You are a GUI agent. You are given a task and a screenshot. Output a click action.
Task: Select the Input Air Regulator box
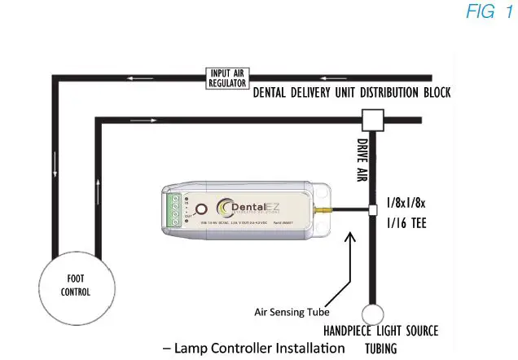[227, 79]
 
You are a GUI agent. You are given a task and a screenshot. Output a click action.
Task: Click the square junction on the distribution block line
[373, 121]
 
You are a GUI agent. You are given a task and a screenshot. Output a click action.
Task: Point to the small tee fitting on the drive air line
[373, 210]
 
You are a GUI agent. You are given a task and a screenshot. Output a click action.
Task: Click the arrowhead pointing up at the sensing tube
[351, 237]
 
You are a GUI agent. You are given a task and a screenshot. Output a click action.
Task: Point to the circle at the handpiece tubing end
[373, 314]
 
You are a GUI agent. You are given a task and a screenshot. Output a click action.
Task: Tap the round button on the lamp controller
[200, 209]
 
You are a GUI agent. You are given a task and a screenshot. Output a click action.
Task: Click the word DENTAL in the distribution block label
[274, 93]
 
